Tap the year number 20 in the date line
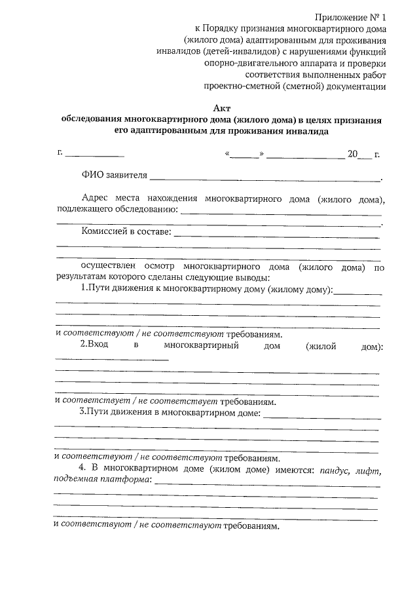point(353,155)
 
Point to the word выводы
point(245,278)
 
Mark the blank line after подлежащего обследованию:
point(280,211)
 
